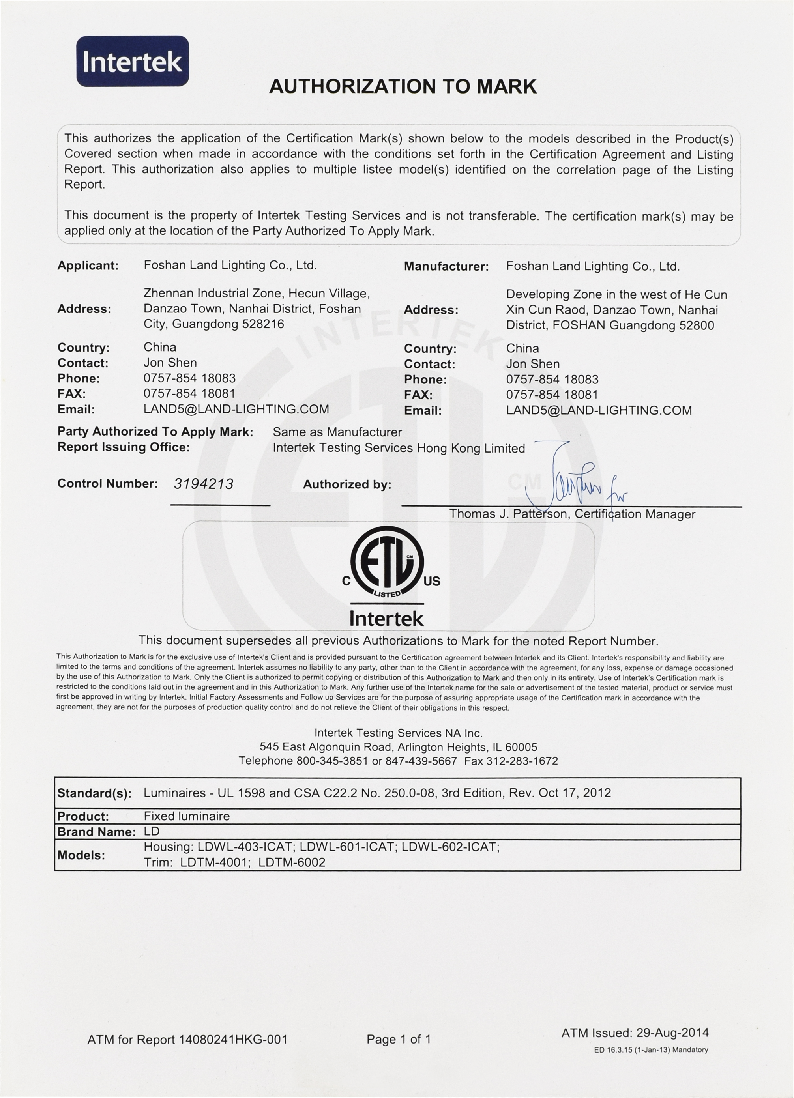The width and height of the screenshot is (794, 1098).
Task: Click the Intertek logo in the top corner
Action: (x=132, y=62)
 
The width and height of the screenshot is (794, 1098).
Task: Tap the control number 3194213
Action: (x=203, y=484)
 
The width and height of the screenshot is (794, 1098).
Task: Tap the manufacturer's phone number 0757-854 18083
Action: (x=552, y=379)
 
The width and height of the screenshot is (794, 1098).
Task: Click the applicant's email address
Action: (x=236, y=409)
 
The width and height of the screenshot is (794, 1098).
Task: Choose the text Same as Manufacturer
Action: (x=337, y=432)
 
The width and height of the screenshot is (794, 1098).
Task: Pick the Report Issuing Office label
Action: (x=124, y=447)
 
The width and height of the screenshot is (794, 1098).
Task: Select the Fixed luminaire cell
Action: (x=186, y=816)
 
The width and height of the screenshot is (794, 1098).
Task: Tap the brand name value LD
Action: (x=152, y=831)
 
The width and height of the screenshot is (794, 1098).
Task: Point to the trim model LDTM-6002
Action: (x=292, y=862)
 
